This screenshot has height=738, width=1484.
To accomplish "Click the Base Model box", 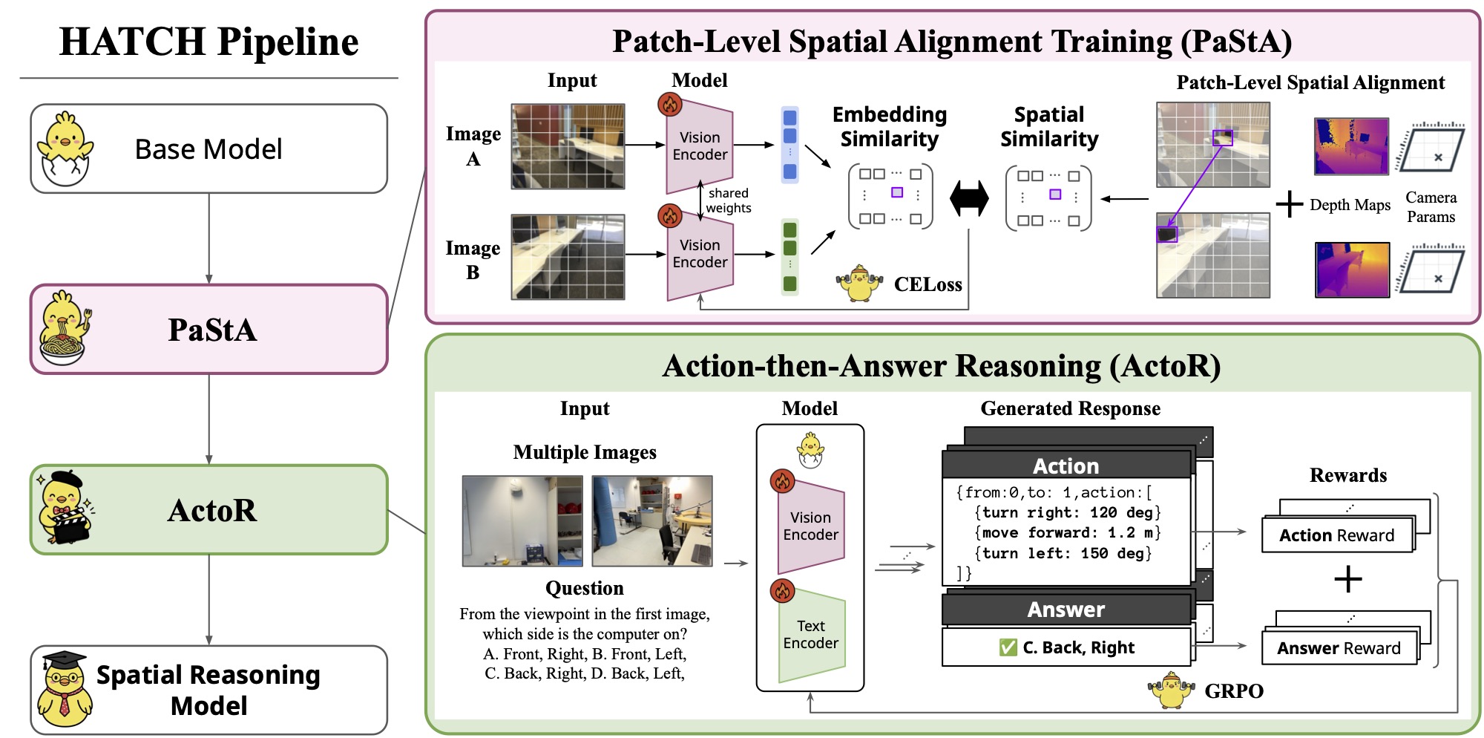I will click(209, 149).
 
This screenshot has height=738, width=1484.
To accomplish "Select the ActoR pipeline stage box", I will click(209, 510).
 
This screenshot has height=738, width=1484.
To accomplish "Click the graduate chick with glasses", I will click(65, 689).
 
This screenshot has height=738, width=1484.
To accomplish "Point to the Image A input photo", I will click(568, 146).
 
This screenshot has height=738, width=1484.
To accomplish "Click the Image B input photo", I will click(568, 257).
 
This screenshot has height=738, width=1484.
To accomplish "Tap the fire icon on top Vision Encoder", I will click(670, 105).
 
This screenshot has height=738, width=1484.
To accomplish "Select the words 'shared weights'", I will click(728, 200).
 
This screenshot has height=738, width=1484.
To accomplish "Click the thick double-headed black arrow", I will click(969, 199).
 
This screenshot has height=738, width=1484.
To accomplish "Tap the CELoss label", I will click(927, 284).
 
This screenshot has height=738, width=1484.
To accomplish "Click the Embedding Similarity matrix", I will click(890, 197).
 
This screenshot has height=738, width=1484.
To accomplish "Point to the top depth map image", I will click(1351, 146).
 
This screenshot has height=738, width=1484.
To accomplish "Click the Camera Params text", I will click(1431, 207).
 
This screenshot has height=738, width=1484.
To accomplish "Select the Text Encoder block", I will click(811, 635).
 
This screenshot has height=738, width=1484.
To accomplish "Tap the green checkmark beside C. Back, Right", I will click(1008, 647).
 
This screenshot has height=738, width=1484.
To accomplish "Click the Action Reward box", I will click(1336, 535).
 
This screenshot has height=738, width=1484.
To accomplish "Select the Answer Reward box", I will click(1339, 648).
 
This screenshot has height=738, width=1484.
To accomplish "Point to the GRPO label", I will click(1233, 691).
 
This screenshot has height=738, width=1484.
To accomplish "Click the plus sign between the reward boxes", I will click(1347, 579).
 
